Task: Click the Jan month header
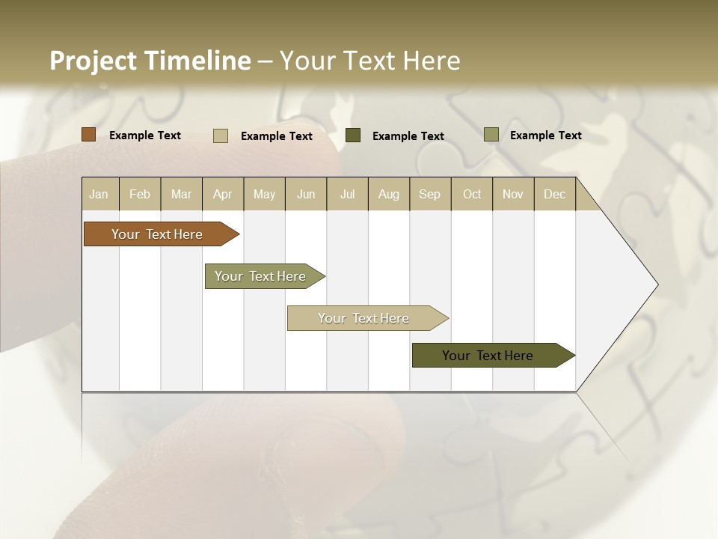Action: (99, 194)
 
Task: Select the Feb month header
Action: (140, 194)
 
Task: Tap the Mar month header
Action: (181, 194)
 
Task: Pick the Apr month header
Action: (223, 194)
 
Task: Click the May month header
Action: (264, 194)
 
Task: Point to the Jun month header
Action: (306, 194)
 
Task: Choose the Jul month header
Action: (347, 194)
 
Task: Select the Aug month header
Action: (389, 194)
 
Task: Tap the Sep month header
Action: (430, 194)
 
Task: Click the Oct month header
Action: (472, 194)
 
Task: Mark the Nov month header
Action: (513, 194)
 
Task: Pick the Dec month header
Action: (555, 194)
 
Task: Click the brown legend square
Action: (88, 135)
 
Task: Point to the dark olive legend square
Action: (353, 135)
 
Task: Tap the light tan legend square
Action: (221, 135)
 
